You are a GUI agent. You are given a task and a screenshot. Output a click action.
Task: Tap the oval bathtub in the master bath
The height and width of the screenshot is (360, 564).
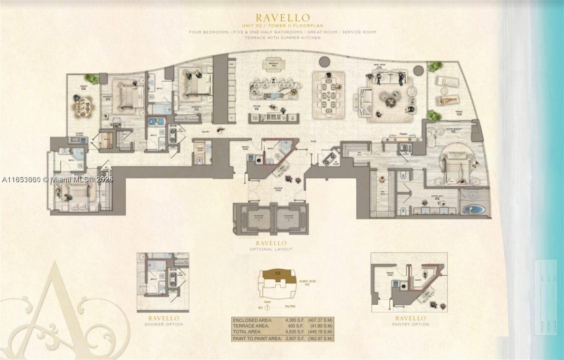473,210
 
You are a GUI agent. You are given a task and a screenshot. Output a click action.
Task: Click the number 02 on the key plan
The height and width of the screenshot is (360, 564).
278,273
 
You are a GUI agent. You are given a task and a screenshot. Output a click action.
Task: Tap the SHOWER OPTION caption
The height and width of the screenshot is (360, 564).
164,324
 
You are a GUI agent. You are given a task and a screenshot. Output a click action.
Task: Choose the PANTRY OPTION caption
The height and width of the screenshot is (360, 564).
411,324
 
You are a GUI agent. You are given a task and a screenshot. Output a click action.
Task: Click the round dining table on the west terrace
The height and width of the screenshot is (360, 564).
82,106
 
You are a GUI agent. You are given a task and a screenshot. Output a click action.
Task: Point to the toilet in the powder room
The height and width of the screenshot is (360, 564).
200,160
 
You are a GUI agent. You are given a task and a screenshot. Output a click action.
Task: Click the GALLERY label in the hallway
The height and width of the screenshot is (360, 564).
205,132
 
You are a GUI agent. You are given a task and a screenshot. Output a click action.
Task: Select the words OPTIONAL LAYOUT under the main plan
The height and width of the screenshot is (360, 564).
271,249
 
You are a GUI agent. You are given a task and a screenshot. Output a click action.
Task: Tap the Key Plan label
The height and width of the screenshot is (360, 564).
290,307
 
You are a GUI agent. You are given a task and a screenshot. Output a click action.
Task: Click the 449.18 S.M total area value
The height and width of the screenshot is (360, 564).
320,332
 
